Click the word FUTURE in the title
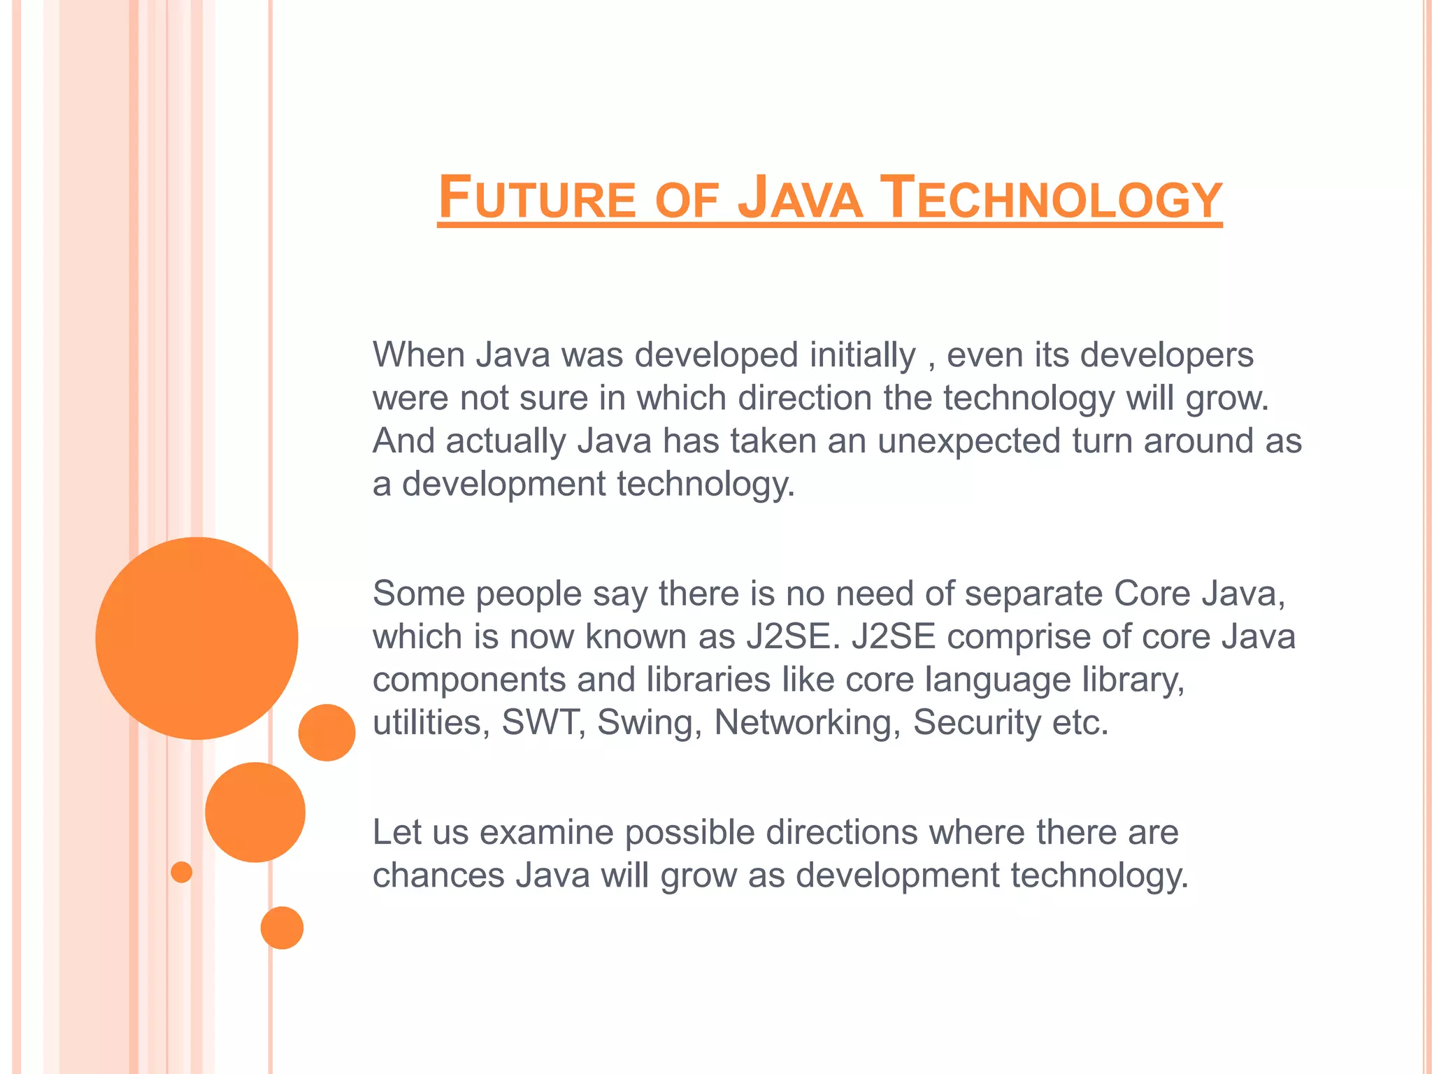pyautogui.click(x=537, y=199)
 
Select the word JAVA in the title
pyautogui.click(x=800, y=199)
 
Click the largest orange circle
pyautogui.click(x=196, y=638)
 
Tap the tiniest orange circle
pyautogui.click(x=182, y=872)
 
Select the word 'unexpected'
pyautogui.click(x=968, y=441)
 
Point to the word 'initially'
pyautogui.click(x=862, y=355)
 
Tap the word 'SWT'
pyautogui.click(x=543, y=722)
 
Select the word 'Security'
pyautogui.click(x=977, y=723)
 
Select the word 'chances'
pyautogui.click(x=438, y=875)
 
